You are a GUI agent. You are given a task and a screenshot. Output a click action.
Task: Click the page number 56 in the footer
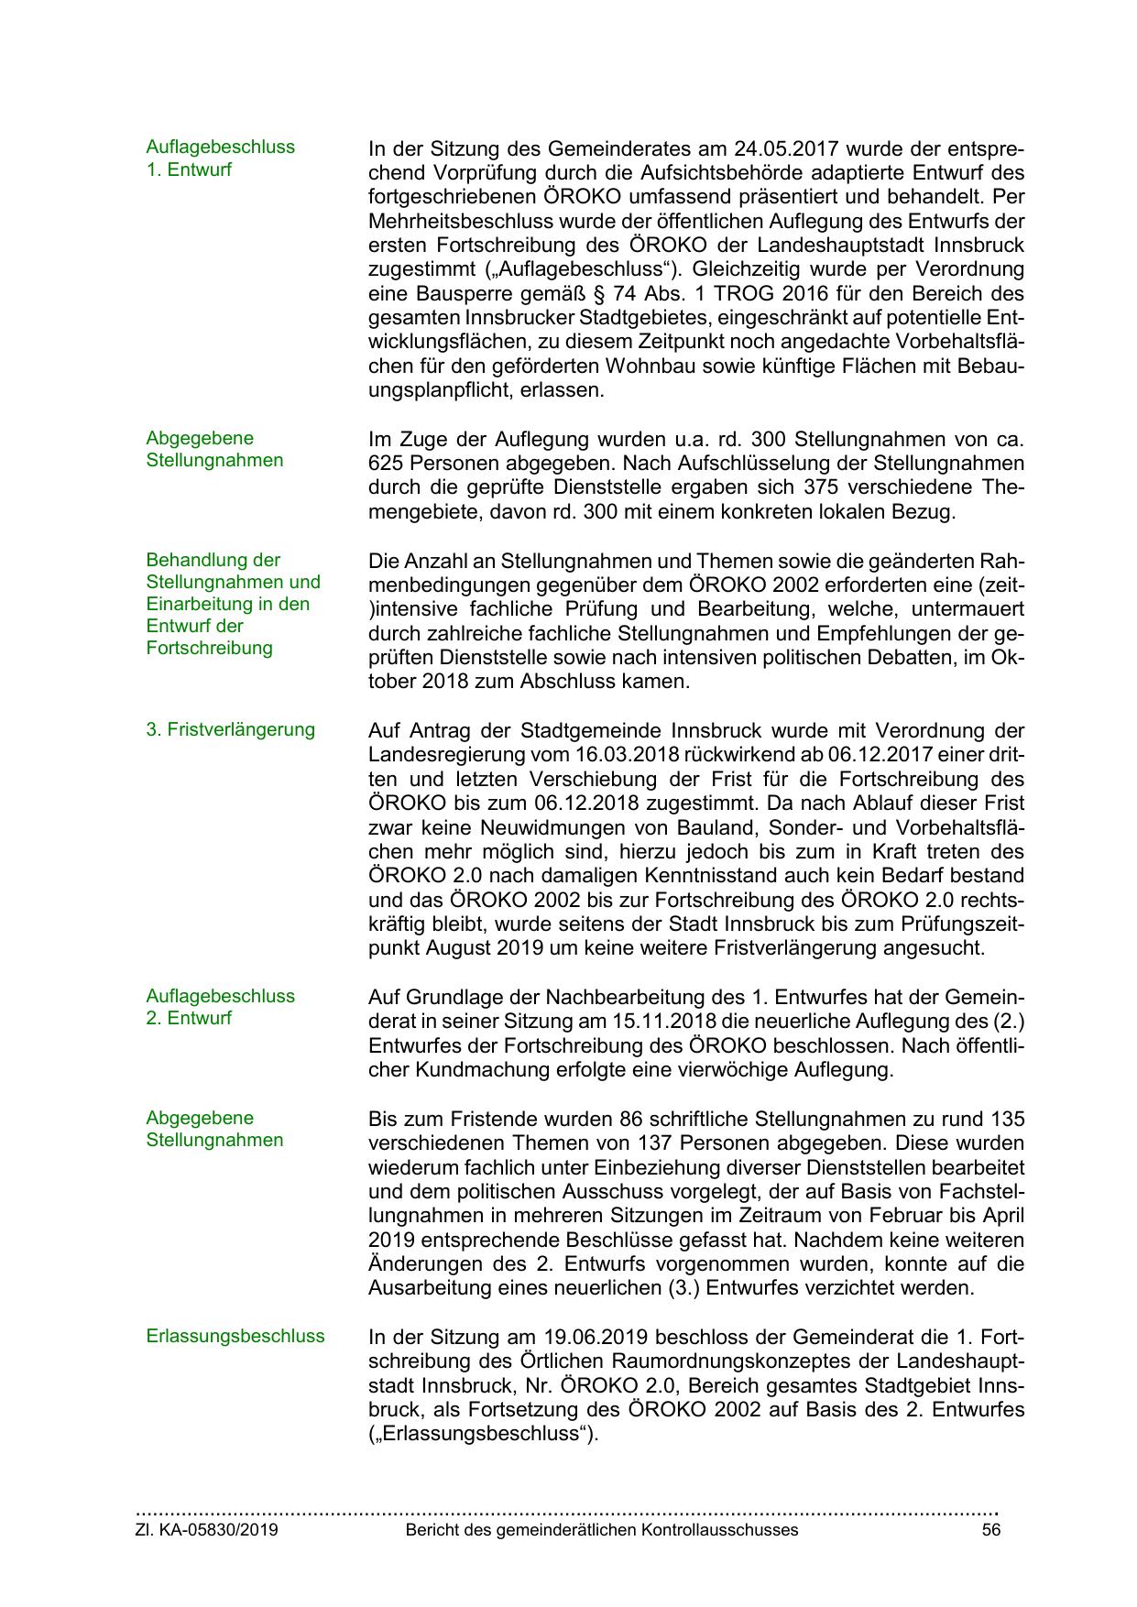990,1530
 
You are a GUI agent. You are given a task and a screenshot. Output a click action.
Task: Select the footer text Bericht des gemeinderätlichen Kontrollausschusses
601,1530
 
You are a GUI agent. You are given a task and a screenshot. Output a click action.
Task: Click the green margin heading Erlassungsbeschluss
235,1336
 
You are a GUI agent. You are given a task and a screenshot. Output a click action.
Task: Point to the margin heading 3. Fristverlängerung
230,729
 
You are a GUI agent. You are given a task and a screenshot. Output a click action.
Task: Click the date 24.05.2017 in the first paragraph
782,148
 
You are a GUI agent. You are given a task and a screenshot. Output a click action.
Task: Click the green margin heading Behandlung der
213,560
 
